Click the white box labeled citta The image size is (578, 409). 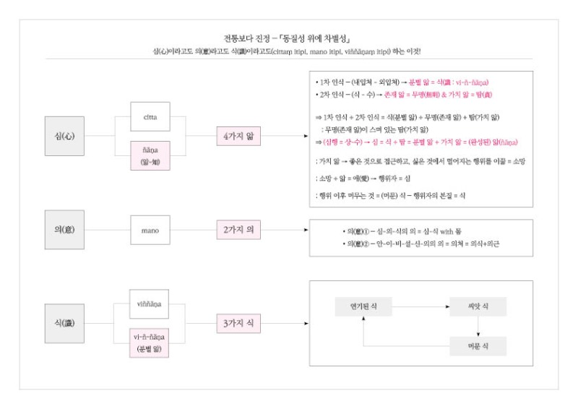150,117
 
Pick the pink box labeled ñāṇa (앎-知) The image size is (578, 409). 150,156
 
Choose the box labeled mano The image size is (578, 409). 150,231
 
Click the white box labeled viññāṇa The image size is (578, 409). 150,304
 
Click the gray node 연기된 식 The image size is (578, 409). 363,306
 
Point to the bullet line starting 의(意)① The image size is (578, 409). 404,231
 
